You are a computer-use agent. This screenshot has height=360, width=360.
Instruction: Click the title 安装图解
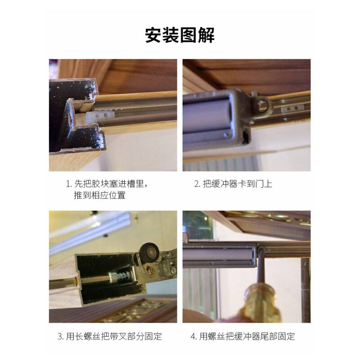[180, 35]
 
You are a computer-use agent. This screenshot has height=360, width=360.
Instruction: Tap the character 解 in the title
[206, 35]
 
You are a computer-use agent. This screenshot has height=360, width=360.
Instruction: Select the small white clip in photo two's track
[291, 109]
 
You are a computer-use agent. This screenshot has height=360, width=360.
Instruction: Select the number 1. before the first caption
[69, 184]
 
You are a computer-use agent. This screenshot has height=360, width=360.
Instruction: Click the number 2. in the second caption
[197, 184]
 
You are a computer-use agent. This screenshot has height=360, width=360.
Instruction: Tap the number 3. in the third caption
[60, 336]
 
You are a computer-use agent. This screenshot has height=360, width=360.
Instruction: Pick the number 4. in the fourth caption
[193, 336]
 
